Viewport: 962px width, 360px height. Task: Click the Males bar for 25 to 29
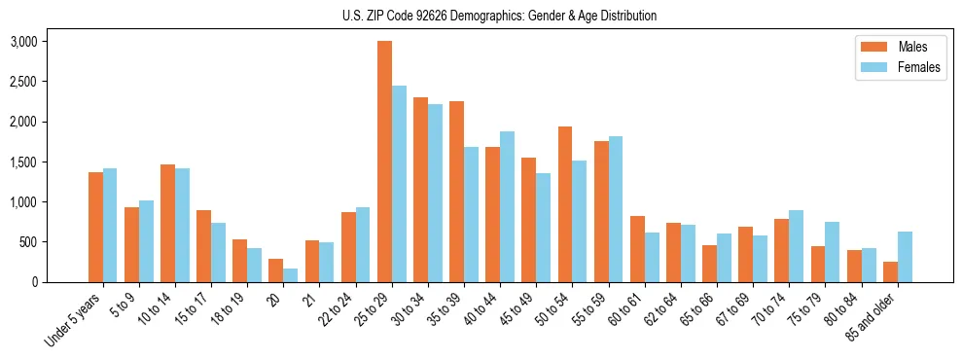pyautogui.click(x=384, y=162)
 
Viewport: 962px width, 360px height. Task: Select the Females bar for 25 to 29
pyautogui.click(x=399, y=184)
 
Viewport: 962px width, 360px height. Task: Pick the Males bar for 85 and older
pyautogui.click(x=890, y=271)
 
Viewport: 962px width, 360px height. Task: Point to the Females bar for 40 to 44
pyautogui.click(x=508, y=206)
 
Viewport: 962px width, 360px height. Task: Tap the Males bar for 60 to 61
pyautogui.click(x=637, y=249)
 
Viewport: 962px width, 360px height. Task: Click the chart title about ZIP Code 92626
pyautogui.click(x=499, y=16)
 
